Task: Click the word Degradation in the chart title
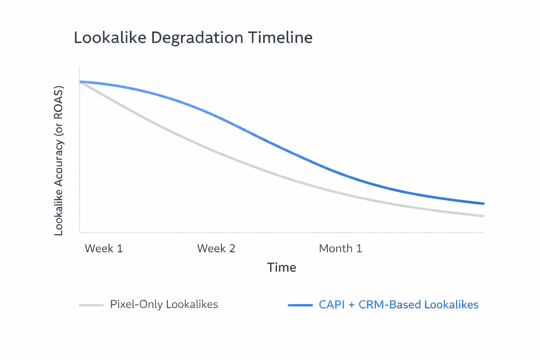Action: click(197, 38)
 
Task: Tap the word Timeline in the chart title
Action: click(280, 38)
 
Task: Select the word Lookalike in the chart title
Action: click(110, 38)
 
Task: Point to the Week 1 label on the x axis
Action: click(104, 249)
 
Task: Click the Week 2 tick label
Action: click(216, 249)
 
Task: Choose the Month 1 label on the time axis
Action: click(340, 249)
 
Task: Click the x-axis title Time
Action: click(281, 268)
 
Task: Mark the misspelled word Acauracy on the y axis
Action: click(58, 163)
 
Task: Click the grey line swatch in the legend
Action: click(91, 305)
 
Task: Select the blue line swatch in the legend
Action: click(300, 305)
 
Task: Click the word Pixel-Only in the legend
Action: click(136, 304)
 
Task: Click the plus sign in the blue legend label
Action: click(351, 305)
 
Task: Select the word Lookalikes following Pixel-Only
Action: click(192, 304)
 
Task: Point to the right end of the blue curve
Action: click(483, 204)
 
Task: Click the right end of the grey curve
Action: click(483, 216)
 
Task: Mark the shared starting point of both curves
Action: click(81, 82)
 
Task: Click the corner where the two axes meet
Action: click(80, 232)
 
